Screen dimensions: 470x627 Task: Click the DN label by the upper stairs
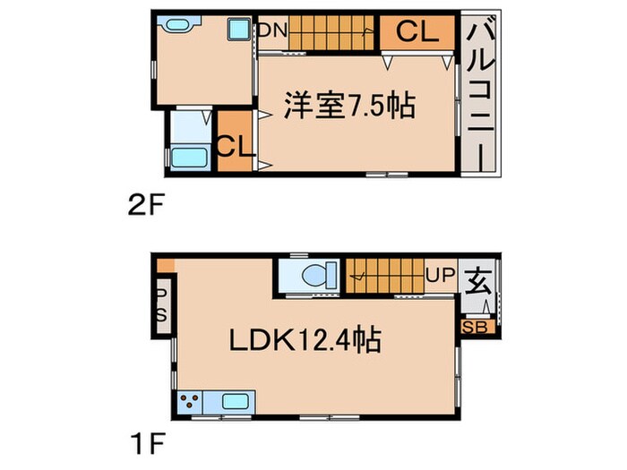[x=272, y=30]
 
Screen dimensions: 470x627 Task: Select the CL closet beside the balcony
[x=418, y=32]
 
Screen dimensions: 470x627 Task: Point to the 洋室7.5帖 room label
[x=349, y=106]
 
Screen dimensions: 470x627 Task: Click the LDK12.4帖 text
[x=305, y=340]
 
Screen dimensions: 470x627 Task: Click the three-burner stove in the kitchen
[x=191, y=401]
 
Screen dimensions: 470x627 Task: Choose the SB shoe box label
[x=475, y=327]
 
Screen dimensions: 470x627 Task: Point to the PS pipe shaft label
[x=162, y=303]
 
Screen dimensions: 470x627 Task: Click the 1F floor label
[x=142, y=442]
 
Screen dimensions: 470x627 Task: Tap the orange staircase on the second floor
[x=332, y=32]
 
